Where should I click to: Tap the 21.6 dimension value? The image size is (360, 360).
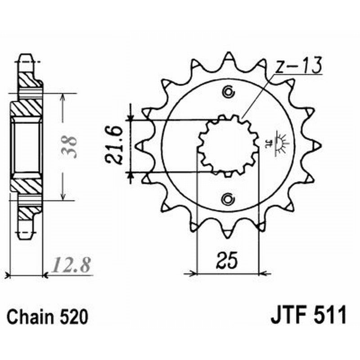[113, 146]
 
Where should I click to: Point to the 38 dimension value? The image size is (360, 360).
[72, 145]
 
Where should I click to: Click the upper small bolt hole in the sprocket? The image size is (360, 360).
[229, 93]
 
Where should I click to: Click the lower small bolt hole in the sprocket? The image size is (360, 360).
[229, 198]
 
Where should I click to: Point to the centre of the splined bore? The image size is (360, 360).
[229, 145]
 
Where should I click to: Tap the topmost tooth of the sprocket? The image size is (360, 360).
[229, 57]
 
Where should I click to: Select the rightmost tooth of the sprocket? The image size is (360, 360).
[318, 145]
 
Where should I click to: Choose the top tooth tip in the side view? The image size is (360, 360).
[25, 58]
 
